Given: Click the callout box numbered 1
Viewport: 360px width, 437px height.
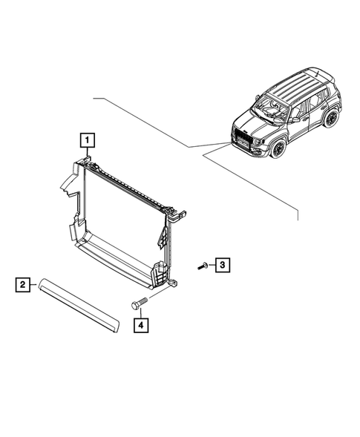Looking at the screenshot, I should (88, 139).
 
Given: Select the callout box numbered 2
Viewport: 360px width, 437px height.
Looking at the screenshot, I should (24, 284).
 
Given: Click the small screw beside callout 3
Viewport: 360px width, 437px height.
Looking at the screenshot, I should (202, 265).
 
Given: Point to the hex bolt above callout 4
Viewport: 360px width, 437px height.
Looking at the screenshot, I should (139, 303).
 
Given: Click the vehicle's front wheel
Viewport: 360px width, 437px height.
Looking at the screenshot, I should (278, 147).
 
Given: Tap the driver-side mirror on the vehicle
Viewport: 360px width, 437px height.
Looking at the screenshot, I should (295, 119).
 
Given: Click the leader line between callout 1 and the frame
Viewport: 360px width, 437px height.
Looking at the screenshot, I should (88, 151).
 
